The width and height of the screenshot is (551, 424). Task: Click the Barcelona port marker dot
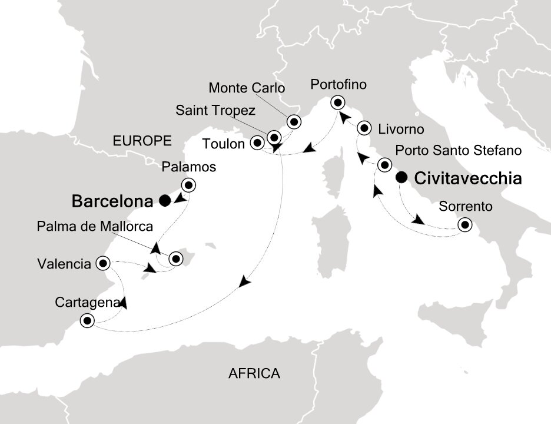pyautogui.click(x=164, y=201)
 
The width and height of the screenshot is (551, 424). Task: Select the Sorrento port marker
pyautogui.click(x=465, y=224)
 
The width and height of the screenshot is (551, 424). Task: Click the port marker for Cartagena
pyautogui.click(x=88, y=321)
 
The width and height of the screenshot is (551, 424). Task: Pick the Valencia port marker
pyautogui.click(x=104, y=262)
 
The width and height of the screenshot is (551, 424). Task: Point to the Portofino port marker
pyautogui.click(x=337, y=102)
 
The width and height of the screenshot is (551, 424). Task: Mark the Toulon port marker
pyautogui.click(x=257, y=143)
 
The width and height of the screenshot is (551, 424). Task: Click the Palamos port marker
pyautogui.click(x=188, y=185)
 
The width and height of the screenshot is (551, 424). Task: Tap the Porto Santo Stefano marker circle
pyautogui.click(x=385, y=164)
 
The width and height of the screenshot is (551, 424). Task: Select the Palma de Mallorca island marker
pyautogui.click(x=175, y=258)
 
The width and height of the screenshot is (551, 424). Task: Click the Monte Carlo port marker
pyautogui.click(x=293, y=122)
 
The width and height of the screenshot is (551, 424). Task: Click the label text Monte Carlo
pyautogui.click(x=247, y=89)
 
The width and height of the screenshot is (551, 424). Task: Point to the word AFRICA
pyautogui.click(x=254, y=373)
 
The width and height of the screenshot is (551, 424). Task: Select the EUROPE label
pyautogui.click(x=142, y=141)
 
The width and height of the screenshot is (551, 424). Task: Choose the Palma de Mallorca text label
pyautogui.click(x=95, y=226)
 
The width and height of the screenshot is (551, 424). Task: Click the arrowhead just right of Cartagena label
pyautogui.click(x=124, y=304)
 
